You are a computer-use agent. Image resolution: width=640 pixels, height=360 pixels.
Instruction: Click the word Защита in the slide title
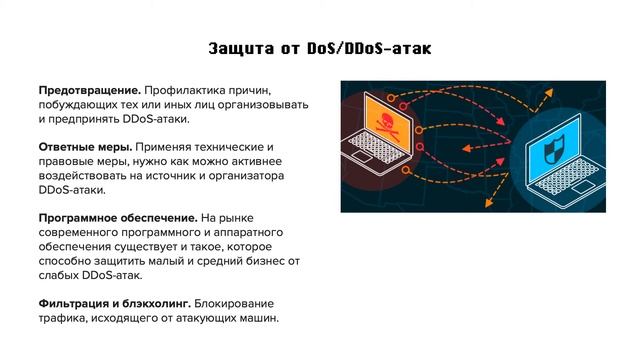[x=242, y=48]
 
